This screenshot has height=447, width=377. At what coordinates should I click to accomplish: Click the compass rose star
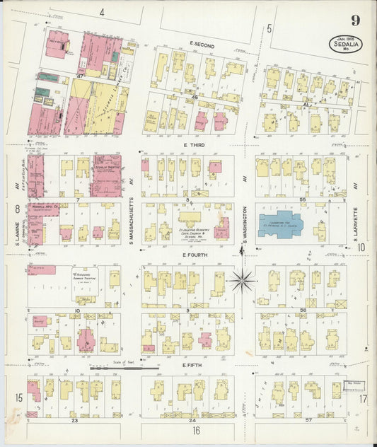pos(241,281)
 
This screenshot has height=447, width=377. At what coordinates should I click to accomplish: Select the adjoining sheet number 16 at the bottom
pos(196,429)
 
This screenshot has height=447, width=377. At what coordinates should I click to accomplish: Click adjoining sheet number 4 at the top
pos(102,12)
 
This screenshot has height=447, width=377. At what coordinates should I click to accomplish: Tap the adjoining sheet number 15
pos(18,397)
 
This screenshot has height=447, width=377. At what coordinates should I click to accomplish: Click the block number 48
pos(193,96)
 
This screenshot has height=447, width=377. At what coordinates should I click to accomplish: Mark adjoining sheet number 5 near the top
pos(269,29)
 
